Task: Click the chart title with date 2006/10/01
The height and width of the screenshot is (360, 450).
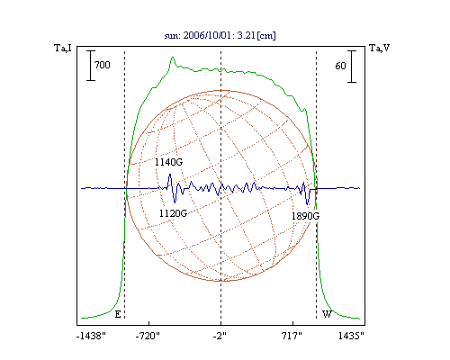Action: pyautogui.click(x=220, y=35)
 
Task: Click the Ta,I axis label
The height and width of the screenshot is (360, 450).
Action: pyautogui.click(x=63, y=48)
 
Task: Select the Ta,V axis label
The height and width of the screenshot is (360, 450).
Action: pyautogui.click(x=380, y=48)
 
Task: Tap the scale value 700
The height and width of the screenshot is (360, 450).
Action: pyautogui.click(x=103, y=65)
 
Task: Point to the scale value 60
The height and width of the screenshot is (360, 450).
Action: pyautogui.click(x=340, y=66)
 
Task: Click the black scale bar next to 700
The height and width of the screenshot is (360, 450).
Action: pyautogui.click(x=91, y=66)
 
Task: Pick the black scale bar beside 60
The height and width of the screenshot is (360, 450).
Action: pyautogui.click(x=352, y=67)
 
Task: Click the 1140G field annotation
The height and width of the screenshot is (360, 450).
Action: pyautogui.click(x=168, y=162)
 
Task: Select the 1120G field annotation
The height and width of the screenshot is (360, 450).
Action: pyautogui.click(x=173, y=213)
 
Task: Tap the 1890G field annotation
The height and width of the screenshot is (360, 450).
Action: pyautogui.click(x=305, y=216)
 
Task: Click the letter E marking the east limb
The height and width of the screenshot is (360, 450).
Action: pyautogui.click(x=118, y=314)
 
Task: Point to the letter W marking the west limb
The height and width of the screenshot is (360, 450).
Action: pyautogui.click(x=327, y=314)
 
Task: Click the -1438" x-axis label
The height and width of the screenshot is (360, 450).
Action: pyautogui.click(x=91, y=336)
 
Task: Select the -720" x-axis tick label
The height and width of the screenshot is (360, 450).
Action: pyautogui.click(x=148, y=336)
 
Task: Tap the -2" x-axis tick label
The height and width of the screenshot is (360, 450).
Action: pyautogui.click(x=220, y=336)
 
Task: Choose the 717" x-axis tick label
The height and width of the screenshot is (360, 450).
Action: pyautogui.click(x=292, y=336)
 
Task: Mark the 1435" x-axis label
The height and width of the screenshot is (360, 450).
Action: pyautogui.click(x=351, y=336)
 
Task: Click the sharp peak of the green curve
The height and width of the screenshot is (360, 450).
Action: pyautogui.click(x=173, y=58)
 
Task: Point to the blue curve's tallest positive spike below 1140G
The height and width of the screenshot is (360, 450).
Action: pyautogui.click(x=170, y=175)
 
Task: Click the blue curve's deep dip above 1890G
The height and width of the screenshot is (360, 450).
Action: pyautogui.click(x=307, y=204)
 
